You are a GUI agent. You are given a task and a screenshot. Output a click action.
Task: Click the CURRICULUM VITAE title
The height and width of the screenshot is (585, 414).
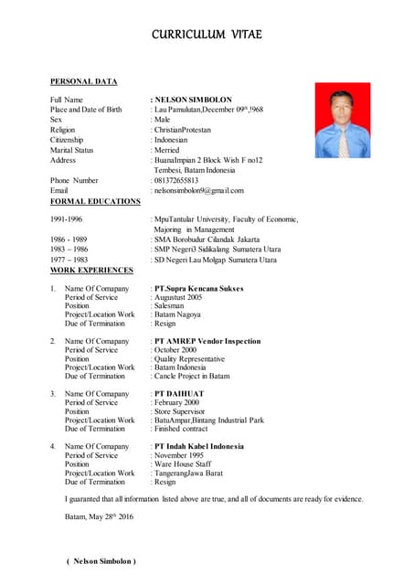(x=207, y=35)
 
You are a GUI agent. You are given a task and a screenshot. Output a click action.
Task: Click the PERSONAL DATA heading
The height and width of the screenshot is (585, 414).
(x=84, y=82)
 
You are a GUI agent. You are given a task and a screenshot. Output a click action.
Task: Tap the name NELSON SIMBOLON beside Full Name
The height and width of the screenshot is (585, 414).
(x=193, y=100)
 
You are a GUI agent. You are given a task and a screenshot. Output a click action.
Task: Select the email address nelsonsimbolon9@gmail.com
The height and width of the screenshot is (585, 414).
(x=199, y=191)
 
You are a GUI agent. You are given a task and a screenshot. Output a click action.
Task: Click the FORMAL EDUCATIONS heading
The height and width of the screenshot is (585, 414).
(x=95, y=201)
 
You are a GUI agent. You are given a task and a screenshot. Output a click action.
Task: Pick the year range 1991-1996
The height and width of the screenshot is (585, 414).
(x=67, y=220)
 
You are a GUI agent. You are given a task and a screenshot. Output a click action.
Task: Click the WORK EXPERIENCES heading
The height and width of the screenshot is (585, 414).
(x=91, y=271)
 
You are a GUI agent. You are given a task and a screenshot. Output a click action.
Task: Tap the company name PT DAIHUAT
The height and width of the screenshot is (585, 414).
(x=179, y=394)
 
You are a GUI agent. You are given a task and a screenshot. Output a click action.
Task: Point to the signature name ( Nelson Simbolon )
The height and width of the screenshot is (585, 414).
(x=101, y=560)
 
